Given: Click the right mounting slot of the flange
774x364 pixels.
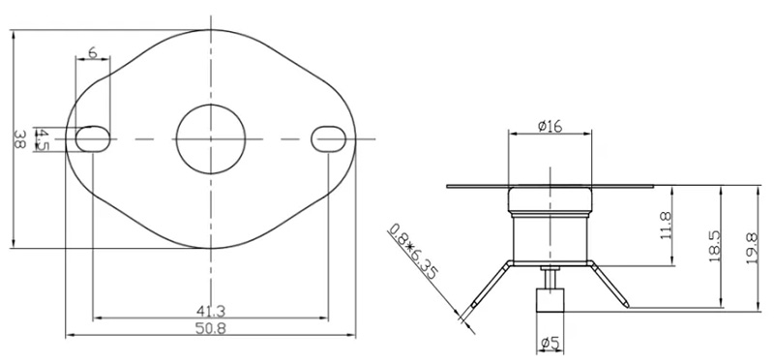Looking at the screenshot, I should tap(328, 138).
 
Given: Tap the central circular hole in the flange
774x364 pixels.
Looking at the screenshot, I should tap(210, 138).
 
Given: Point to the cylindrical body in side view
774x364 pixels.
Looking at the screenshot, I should tap(549, 237).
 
